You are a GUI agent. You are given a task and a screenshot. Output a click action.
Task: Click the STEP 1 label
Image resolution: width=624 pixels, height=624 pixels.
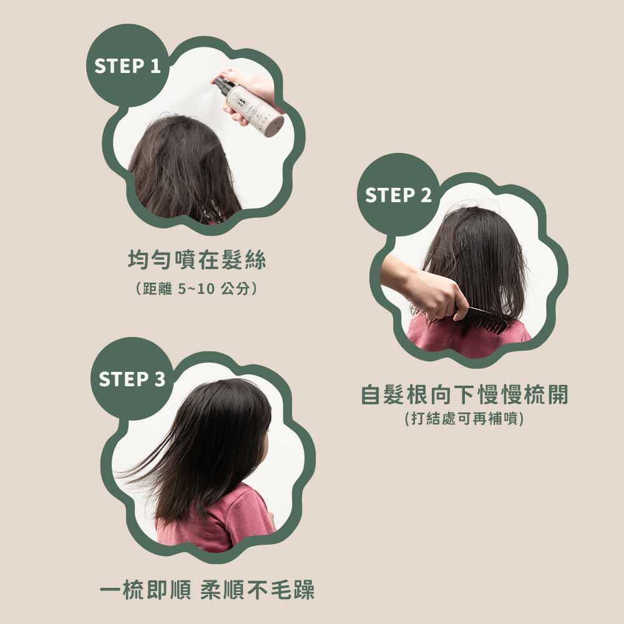coord(127,66)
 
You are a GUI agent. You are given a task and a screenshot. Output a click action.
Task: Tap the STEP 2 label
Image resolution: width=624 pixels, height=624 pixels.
coord(398,195)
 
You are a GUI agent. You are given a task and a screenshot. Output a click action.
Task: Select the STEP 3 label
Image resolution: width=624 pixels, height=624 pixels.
coord(132,379)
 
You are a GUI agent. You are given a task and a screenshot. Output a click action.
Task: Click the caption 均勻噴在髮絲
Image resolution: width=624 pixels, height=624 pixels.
coord(197,260)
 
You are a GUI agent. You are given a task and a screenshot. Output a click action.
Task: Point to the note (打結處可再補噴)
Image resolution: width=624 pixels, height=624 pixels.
coord(464,418)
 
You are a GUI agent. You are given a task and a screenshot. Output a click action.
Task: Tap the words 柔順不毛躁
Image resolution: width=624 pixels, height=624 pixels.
coord(257,590)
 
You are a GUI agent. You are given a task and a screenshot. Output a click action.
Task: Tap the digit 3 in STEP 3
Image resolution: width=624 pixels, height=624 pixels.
coord(160,379)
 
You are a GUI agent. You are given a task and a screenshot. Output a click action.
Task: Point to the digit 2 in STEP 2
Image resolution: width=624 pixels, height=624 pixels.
coord(426,195)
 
